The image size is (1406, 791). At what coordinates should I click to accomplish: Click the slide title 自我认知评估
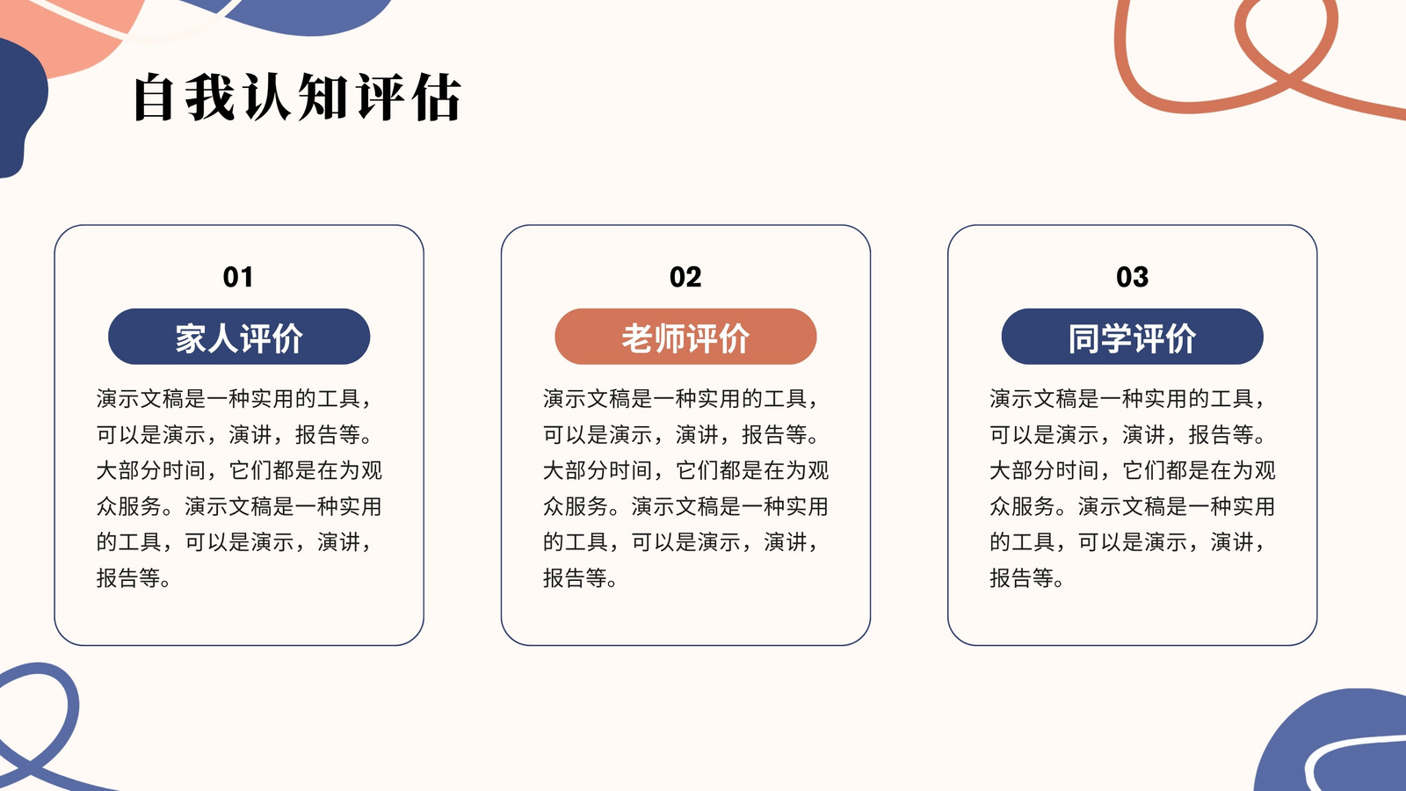point(298,97)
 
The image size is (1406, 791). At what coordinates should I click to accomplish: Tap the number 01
point(238,277)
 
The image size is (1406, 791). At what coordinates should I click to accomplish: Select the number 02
point(685,277)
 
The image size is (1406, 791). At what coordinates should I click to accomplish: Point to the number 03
point(1133,277)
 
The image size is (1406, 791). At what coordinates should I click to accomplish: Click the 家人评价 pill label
point(239,337)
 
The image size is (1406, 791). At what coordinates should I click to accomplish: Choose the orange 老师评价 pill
point(685,337)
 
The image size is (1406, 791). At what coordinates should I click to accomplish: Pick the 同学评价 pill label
point(1133,337)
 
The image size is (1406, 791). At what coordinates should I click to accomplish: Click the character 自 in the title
point(154,98)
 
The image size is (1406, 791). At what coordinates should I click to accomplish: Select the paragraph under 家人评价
point(239,488)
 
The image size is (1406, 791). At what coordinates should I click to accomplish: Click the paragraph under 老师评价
point(685,488)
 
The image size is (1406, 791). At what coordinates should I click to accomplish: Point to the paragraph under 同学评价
point(1133,488)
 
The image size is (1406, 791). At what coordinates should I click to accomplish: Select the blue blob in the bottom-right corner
point(1330,741)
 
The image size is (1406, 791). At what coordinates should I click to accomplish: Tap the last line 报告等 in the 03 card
point(1027,577)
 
